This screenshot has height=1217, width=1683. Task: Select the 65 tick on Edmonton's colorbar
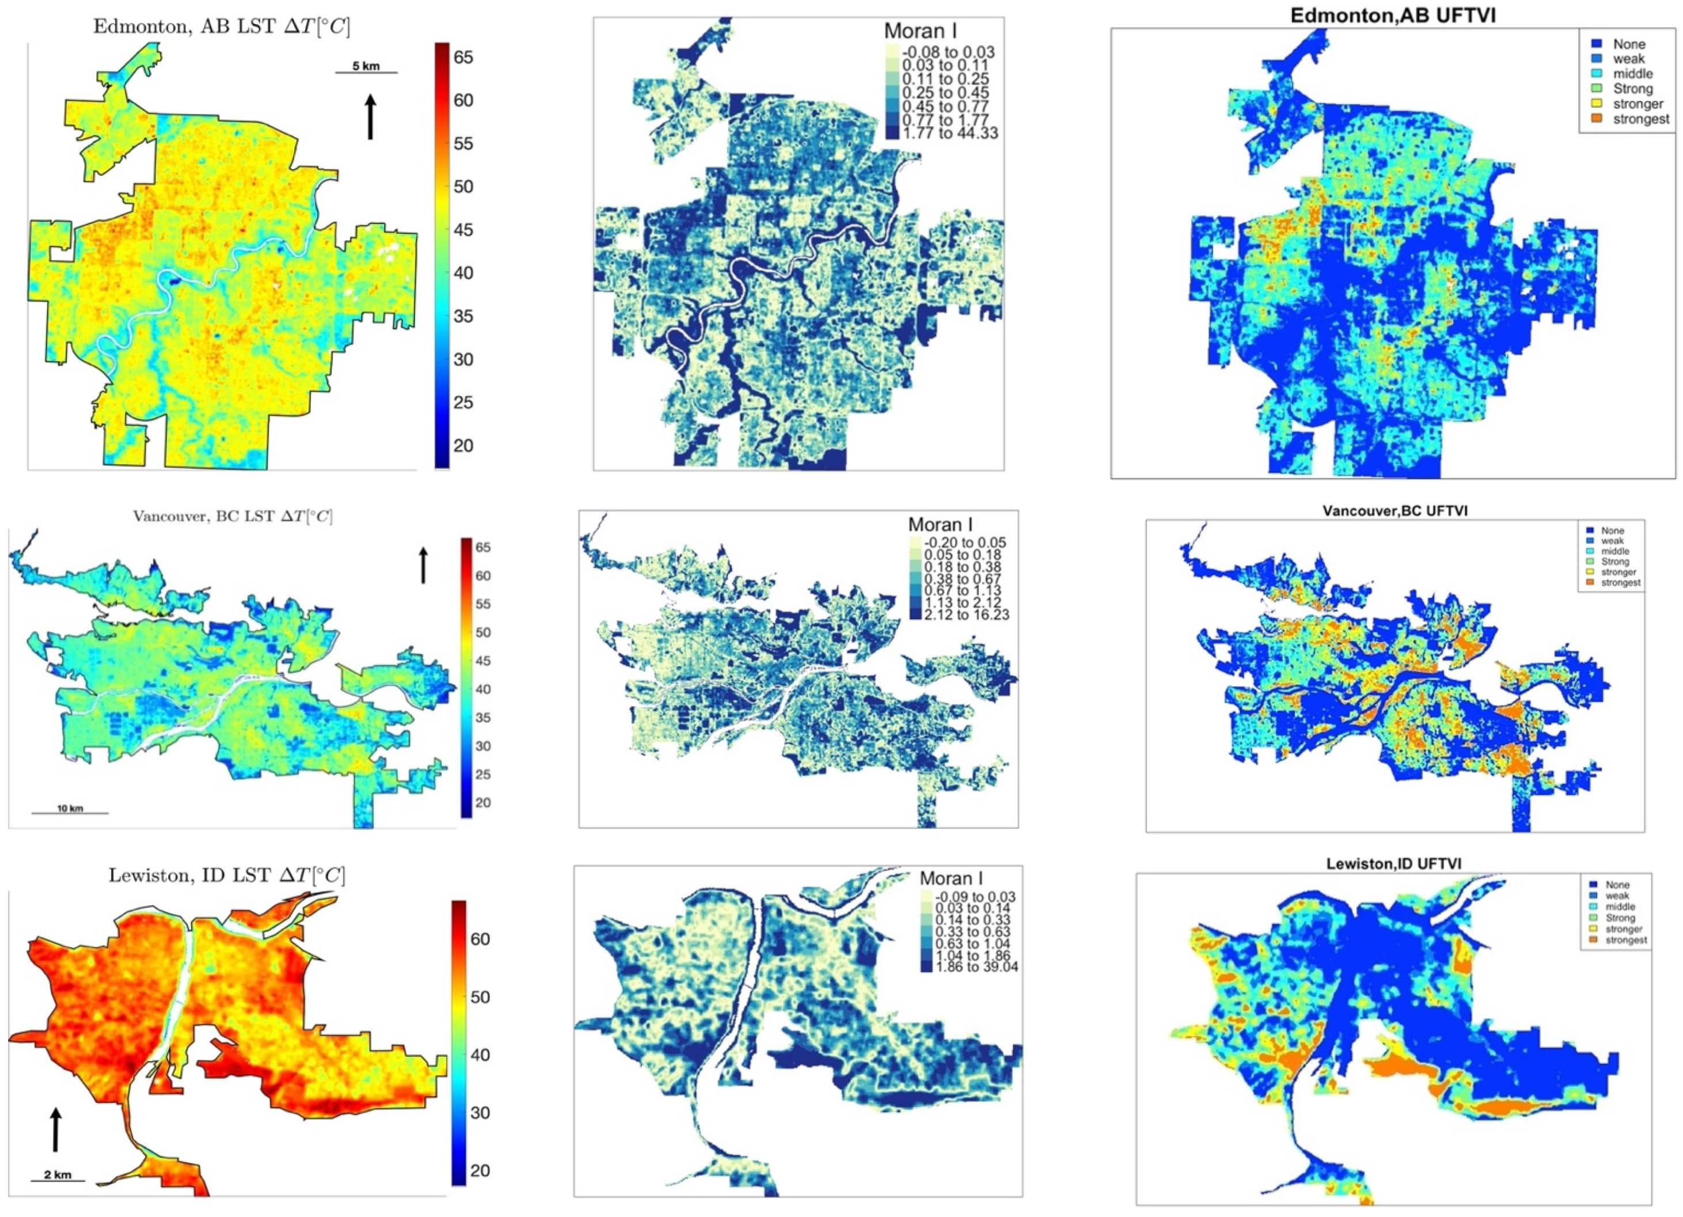click(462, 58)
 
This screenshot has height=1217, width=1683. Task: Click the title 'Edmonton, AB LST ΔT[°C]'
click(221, 26)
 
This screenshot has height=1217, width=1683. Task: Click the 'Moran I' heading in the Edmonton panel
click(920, 31)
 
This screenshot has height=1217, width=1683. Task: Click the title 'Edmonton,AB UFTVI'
click(1392, 15)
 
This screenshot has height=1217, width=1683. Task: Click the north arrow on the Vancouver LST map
click(424, 566)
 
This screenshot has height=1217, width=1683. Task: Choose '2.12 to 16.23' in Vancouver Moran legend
click(966, 615)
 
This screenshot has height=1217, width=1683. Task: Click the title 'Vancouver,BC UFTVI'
click(1395, 511)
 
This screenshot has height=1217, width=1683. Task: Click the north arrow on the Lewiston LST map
click(56, 1129)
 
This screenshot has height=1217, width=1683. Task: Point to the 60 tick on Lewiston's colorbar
click(480, 939)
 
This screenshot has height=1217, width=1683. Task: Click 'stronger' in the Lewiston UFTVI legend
click(1623, 929)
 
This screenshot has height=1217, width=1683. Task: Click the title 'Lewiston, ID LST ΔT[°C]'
click(226, 875)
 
